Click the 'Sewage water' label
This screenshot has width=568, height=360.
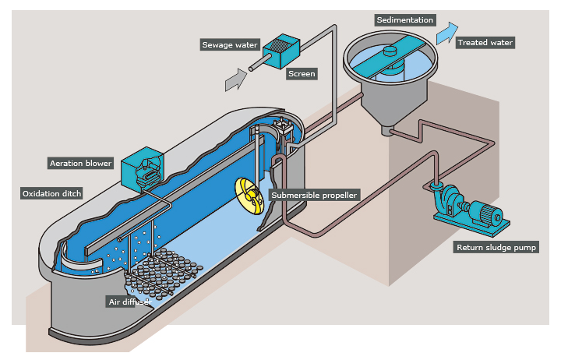230,44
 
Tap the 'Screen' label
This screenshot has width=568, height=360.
302,74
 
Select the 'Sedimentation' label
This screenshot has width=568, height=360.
404,19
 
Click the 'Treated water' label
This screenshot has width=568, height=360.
485,42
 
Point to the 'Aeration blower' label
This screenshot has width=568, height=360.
81,163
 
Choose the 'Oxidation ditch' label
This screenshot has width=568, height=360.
51,193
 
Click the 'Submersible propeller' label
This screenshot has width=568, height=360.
314,194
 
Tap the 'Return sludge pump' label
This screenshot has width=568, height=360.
496,247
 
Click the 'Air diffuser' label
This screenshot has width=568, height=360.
129,300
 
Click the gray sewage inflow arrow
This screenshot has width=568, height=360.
235,77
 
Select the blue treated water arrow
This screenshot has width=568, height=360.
447,33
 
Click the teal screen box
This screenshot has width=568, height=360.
277,51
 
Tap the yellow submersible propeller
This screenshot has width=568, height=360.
248,196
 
